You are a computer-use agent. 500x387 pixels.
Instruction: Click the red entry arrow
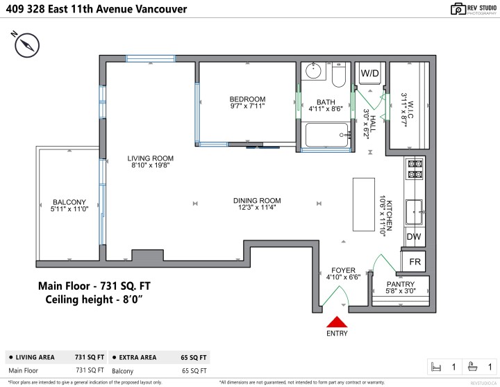coord(337,322)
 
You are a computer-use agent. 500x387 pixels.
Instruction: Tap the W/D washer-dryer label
coord(369,73)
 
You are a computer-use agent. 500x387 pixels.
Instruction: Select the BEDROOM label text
coord(248,99)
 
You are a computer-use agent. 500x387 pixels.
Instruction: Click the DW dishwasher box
coord(413,237)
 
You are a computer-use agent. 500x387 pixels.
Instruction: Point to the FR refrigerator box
coord(415,262)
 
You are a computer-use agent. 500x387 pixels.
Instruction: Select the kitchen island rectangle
coord(363,204)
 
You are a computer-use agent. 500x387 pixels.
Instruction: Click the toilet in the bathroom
coord(338,74)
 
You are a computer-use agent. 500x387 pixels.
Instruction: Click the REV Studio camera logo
coord(458,8)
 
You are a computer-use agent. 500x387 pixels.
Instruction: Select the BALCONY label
coord(69,203)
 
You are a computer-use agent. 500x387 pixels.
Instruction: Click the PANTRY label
coord(401,284)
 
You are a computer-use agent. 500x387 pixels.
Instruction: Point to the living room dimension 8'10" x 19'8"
coord(150,165)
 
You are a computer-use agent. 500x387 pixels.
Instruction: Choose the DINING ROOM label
coord(257,201)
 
